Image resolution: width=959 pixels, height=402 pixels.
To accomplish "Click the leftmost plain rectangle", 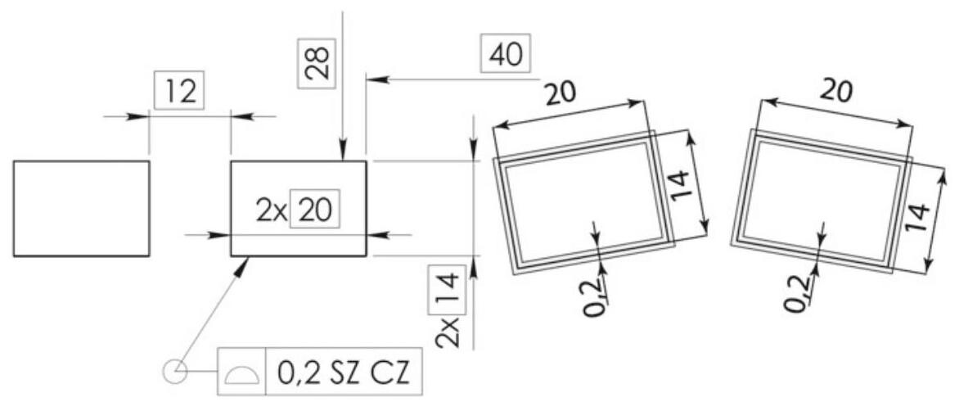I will pos(81,208).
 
